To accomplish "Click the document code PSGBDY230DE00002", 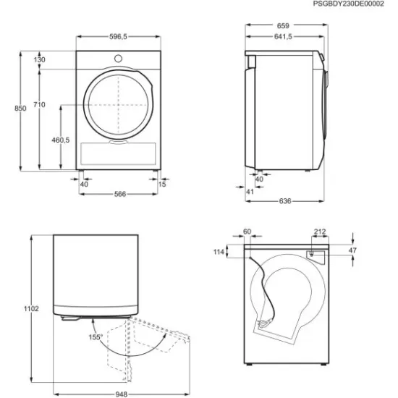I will click(352, 4).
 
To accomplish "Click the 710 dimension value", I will click(39, 105).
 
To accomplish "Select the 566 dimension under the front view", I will click(119, 194).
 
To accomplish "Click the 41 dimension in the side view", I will click(250, 191).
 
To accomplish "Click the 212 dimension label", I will click(319, 233).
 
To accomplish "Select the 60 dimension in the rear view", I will click(247, 232).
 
